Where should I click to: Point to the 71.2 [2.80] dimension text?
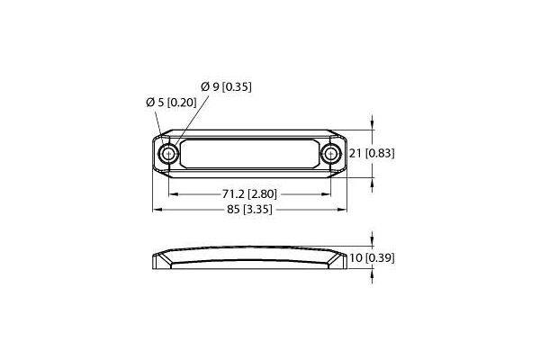249,193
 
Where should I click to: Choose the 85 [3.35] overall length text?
249,209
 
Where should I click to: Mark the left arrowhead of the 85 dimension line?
155,209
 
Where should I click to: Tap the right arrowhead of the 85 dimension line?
345,209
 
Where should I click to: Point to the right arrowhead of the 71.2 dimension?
327,193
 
